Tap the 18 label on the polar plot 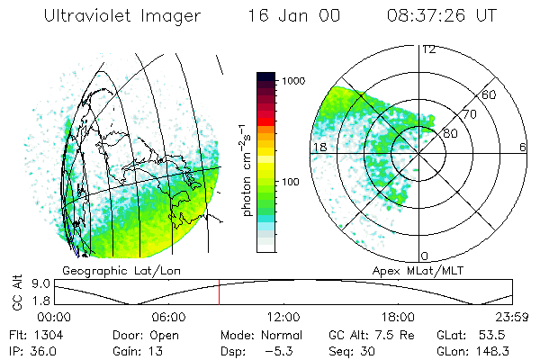pyautogui.click(x=318, y=147)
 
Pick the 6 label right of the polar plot pyautogui.click(x=523, y=147)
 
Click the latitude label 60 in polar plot pyautogui.click(x=489, y=94)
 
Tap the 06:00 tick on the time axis pyautogui.click(x=169, y=316)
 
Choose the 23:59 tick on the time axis pyautogui.click(x=510, y=316)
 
